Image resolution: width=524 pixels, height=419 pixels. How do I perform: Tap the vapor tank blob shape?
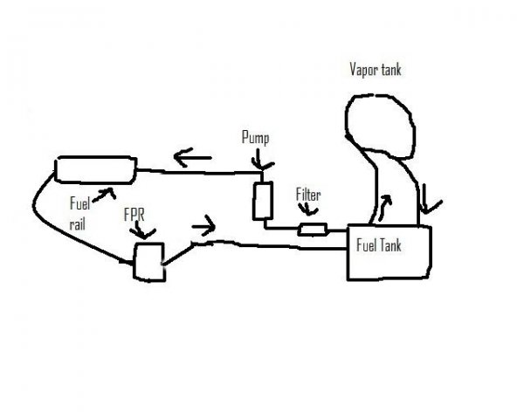382,127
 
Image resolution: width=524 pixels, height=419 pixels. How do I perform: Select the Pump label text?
255,138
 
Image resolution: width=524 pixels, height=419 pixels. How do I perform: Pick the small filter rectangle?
313,230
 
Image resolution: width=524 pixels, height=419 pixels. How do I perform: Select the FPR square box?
148,261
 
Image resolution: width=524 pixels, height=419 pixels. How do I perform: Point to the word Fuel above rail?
80,203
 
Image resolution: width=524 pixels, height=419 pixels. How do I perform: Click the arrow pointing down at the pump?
261,162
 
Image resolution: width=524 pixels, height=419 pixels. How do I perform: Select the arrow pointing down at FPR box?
145,231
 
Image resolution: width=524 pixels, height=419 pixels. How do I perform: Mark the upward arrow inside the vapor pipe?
385,207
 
